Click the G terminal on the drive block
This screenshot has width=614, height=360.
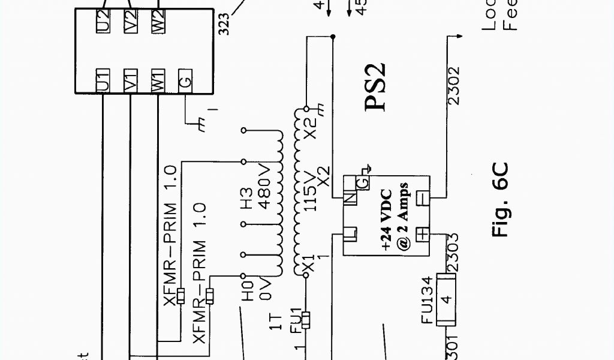pyautogui.click(x=185, y=80)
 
